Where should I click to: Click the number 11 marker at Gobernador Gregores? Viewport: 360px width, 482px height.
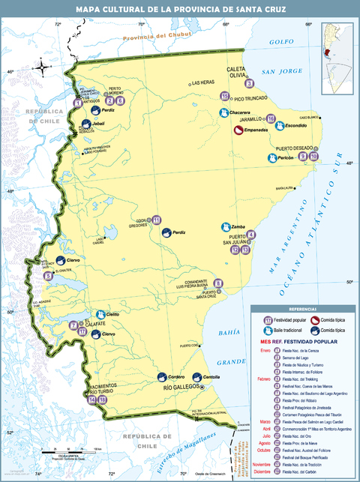[x=156, y=220]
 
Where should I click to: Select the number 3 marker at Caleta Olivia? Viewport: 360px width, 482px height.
[x=248, y=83]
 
